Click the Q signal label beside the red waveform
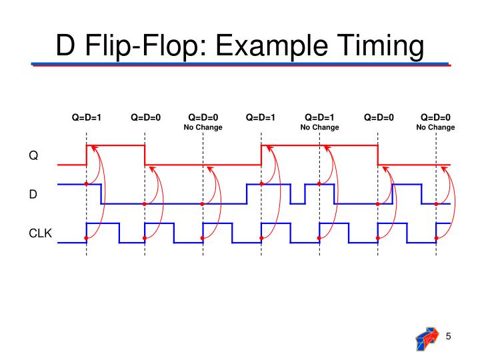(x=33, y=156)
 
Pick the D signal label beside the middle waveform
(x=32, y=194)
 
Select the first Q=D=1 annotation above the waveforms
(x=87, y=117)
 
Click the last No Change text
(x=435, y=127)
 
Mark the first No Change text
(x=203, y=127)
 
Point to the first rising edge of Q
(x=87, y=154)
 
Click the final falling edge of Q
(x=378, y=154)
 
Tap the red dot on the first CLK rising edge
(x=87, y=238)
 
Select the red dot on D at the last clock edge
(x=436, y=204)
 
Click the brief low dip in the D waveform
(x=297, y=200)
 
